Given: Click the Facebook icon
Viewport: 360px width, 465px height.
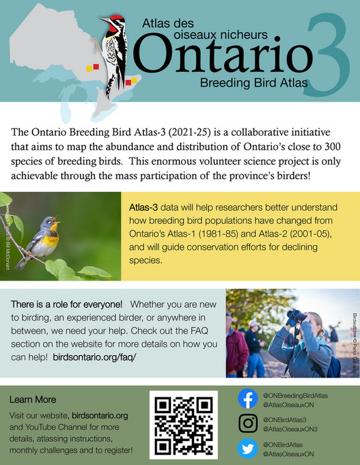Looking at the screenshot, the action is click(247, 399).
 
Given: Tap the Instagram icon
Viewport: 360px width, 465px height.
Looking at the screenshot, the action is click(247, 423).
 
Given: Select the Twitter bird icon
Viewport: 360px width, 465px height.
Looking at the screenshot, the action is click(247, 448).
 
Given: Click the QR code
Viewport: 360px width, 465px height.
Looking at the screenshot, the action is click(183, 425).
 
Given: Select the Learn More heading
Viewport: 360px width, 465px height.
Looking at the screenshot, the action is click(33, 399).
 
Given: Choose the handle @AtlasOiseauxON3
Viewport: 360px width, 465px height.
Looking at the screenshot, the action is click(291, 428).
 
